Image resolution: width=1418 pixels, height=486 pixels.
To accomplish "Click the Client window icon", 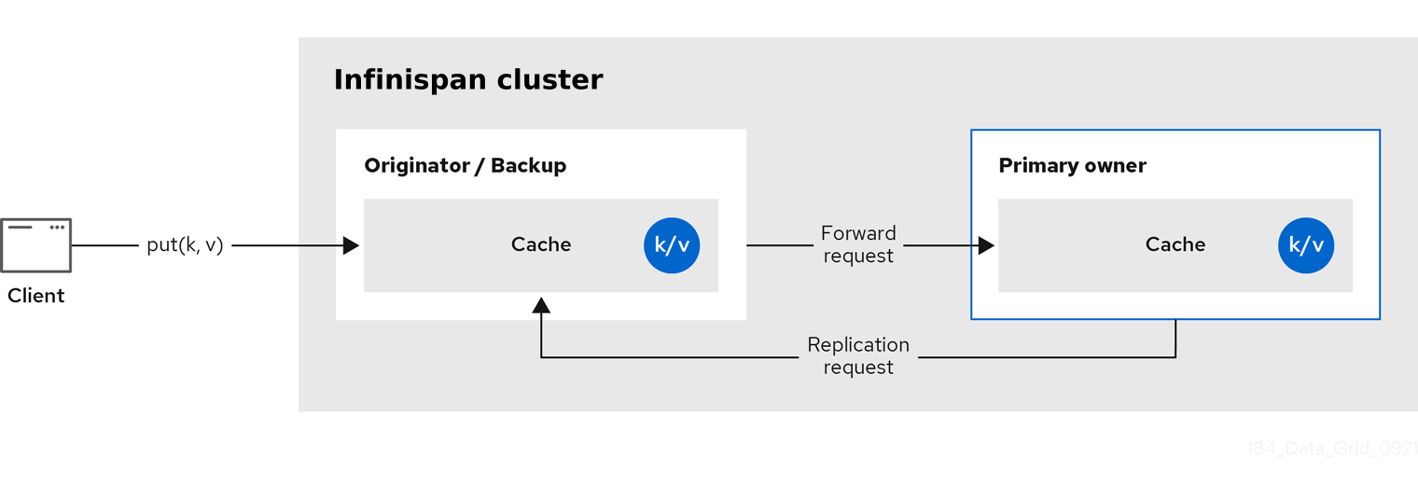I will [36, 245].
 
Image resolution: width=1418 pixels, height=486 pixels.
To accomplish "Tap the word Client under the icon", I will [36, 296].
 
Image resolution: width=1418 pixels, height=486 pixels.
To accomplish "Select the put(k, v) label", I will [185, 245].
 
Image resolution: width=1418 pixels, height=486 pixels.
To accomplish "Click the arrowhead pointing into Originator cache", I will [351, 245].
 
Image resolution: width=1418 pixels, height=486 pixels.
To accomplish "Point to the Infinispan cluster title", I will [468, 80].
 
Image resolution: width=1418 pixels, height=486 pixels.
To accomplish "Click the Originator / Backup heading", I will [465, 166].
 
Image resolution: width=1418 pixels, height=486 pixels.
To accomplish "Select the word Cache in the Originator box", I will [541, 244].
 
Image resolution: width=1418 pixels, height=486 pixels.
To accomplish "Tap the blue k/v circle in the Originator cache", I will [672, 245].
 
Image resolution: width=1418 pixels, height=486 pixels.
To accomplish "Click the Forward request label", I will [858, 244].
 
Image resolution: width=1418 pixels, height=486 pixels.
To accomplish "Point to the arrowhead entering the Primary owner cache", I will [986, 245].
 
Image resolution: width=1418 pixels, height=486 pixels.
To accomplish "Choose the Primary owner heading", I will [1072, 166].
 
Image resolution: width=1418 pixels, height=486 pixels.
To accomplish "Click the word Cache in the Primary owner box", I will [1175, 244].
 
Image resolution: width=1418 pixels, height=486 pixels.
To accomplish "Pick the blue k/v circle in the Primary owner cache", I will [1306, 245].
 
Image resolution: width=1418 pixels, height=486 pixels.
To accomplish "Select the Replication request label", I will [858, 356].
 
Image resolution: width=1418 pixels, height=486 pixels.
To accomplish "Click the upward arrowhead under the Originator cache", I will [541, 305].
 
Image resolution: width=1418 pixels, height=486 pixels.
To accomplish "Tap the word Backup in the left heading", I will [529, 166].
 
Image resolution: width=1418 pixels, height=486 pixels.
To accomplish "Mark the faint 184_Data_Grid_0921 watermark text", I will [1332, 449].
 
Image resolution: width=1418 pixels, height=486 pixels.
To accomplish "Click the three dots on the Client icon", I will [58, 227].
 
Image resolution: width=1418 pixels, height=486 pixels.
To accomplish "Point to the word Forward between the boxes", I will [858, 233].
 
